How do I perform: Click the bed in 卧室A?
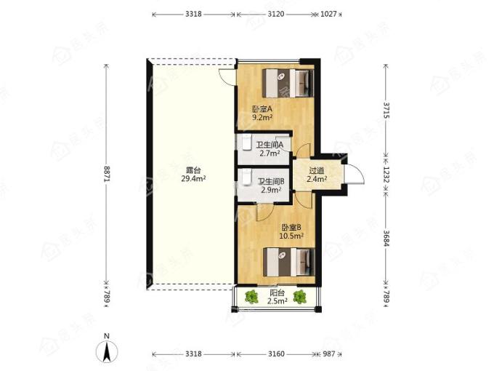pyautogui.click(x=288, y=83)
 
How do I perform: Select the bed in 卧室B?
pyautogui.click(x=289, y=262)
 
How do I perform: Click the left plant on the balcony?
pyautogui.click(x=251, y=297)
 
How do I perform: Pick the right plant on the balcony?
pyautogui.click(x=299, y=297)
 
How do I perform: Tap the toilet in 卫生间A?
pyautogui.click(x=246, y=143)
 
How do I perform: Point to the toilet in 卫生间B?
pyautogui.click(x=246, y=177)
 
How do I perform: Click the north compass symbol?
pyautogui.click(x=107, y=351)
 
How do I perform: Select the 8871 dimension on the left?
pyautogui.click(x=107, y=174)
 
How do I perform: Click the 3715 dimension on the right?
pyautogui.click(x=386, y=110)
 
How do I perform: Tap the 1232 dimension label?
pyautogui.click(x=386, y=175)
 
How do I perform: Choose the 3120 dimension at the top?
pyautogui.click(x=276, y=15)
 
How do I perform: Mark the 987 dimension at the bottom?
pyautogui.click(x=328, y=354)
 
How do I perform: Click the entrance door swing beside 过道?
pyautogui.click(x=355, y=174)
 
